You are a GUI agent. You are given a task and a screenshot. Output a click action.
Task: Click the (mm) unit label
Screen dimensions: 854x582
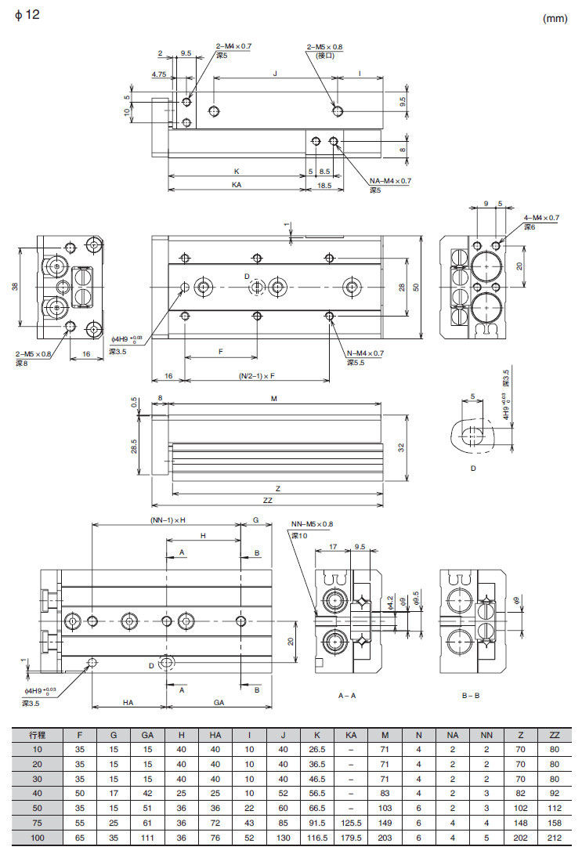click(555, 17)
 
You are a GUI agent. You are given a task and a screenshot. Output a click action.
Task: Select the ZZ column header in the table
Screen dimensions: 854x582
click(555, 736)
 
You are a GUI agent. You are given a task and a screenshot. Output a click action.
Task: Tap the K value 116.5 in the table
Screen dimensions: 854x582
click(316, 838)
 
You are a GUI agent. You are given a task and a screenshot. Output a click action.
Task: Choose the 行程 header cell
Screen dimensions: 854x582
click(37, 736)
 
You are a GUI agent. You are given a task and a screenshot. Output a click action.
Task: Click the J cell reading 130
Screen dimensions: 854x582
click(283, 838)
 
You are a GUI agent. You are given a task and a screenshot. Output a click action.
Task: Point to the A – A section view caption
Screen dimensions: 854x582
click(347, 695)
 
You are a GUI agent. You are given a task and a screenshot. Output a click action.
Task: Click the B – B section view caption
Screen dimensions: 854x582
click(472, 695)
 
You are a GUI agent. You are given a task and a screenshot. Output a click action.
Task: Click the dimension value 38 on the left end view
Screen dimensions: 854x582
click(15, 286)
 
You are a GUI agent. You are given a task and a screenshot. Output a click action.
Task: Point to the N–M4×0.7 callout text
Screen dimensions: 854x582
click(366, 353)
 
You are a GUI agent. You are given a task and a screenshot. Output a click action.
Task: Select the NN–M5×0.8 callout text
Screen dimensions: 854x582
click(312, 524)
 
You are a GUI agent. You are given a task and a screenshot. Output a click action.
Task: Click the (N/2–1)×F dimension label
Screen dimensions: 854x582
click(257, 376)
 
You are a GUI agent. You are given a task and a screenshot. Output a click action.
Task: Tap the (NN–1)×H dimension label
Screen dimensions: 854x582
click(168, 521)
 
